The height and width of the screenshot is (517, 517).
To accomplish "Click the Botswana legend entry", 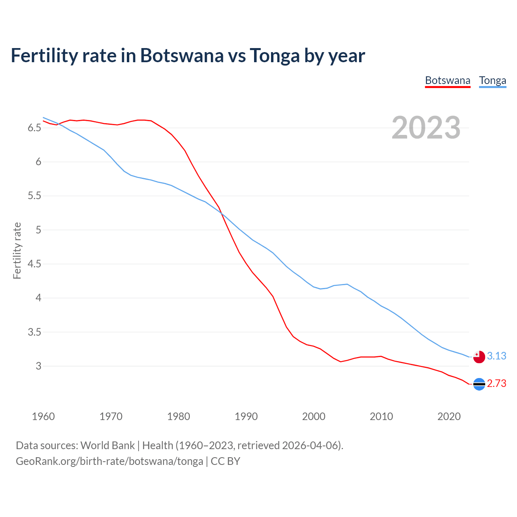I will click(x=448, y=80).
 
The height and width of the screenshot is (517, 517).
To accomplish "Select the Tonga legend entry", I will click(x=492, y=80).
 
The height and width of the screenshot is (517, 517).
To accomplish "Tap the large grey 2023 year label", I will click(x=426, y=128).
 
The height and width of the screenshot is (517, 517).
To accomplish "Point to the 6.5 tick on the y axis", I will click(x=34, y=128).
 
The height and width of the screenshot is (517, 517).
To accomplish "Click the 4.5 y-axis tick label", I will click(x=34, y=264).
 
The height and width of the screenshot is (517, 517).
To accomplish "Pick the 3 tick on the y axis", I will click(x=38, y=366).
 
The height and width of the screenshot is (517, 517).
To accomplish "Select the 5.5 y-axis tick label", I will click(x=34, y=196).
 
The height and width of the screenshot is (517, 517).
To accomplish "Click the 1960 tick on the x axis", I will click(x=43, y=416).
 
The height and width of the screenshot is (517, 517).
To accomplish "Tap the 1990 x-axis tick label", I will click(x=246, y=416).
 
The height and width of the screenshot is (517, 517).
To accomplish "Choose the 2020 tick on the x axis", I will click(x=449, y=416).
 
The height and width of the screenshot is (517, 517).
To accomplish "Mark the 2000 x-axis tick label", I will click(x=313, y=416).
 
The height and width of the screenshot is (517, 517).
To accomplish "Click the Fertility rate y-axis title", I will click(x=17, y=250).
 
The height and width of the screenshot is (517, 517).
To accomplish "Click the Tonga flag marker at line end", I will click(x=479, y=357).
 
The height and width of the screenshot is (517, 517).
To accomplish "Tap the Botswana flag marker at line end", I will click(x=479, y=384).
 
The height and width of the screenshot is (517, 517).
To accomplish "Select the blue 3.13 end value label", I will click(x=496, y=356).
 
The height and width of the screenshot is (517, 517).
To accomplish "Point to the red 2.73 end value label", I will click(x=496, y=383).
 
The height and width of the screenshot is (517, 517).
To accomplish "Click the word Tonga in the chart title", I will click(x=275, y=56).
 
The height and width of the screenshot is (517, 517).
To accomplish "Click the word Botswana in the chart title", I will click(x=181, y=56).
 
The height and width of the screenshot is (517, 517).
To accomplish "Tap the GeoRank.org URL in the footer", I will click(x=109, y=461).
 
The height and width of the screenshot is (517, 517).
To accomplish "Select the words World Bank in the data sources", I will click(x=107, y=446).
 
